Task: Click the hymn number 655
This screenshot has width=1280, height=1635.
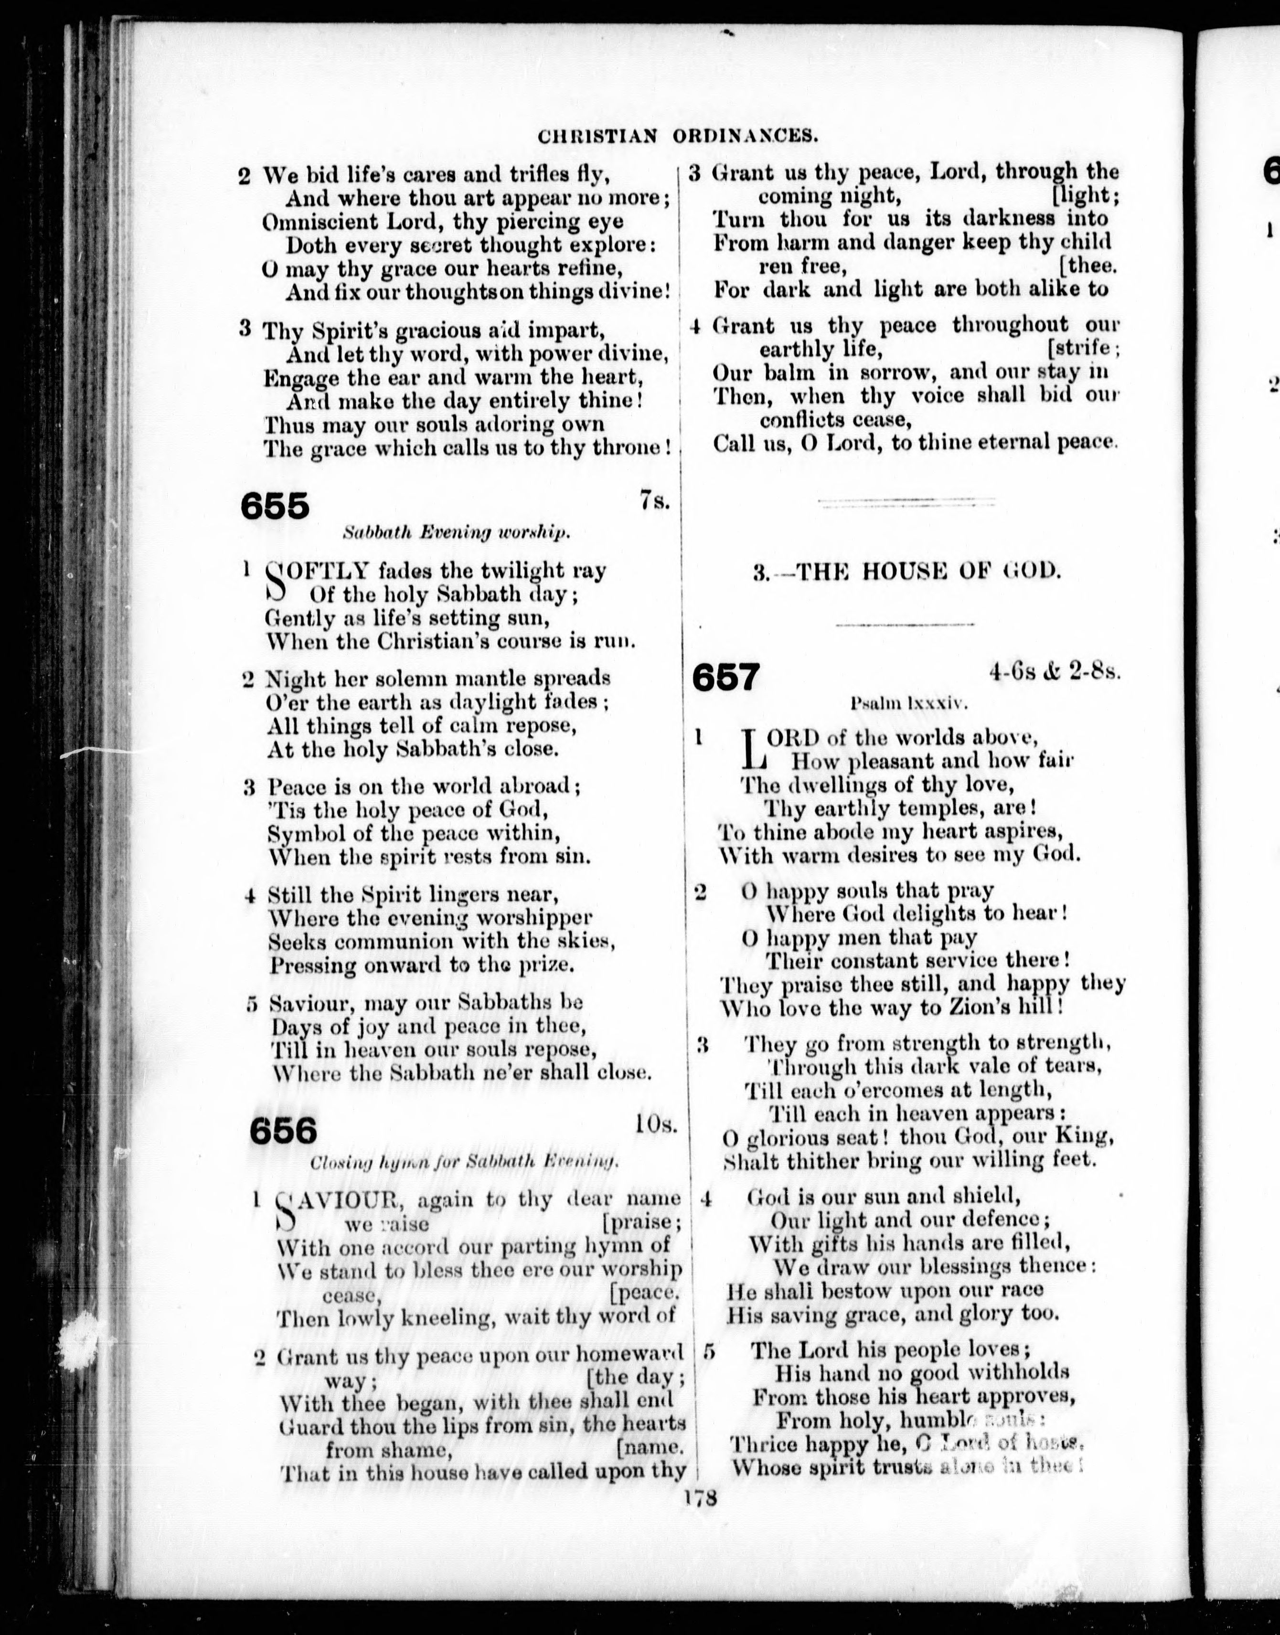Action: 274,507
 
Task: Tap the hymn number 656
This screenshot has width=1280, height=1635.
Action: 283,1130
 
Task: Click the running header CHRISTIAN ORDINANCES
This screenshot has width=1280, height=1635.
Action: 677,137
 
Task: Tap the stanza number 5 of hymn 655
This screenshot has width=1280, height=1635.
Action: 253,1003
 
